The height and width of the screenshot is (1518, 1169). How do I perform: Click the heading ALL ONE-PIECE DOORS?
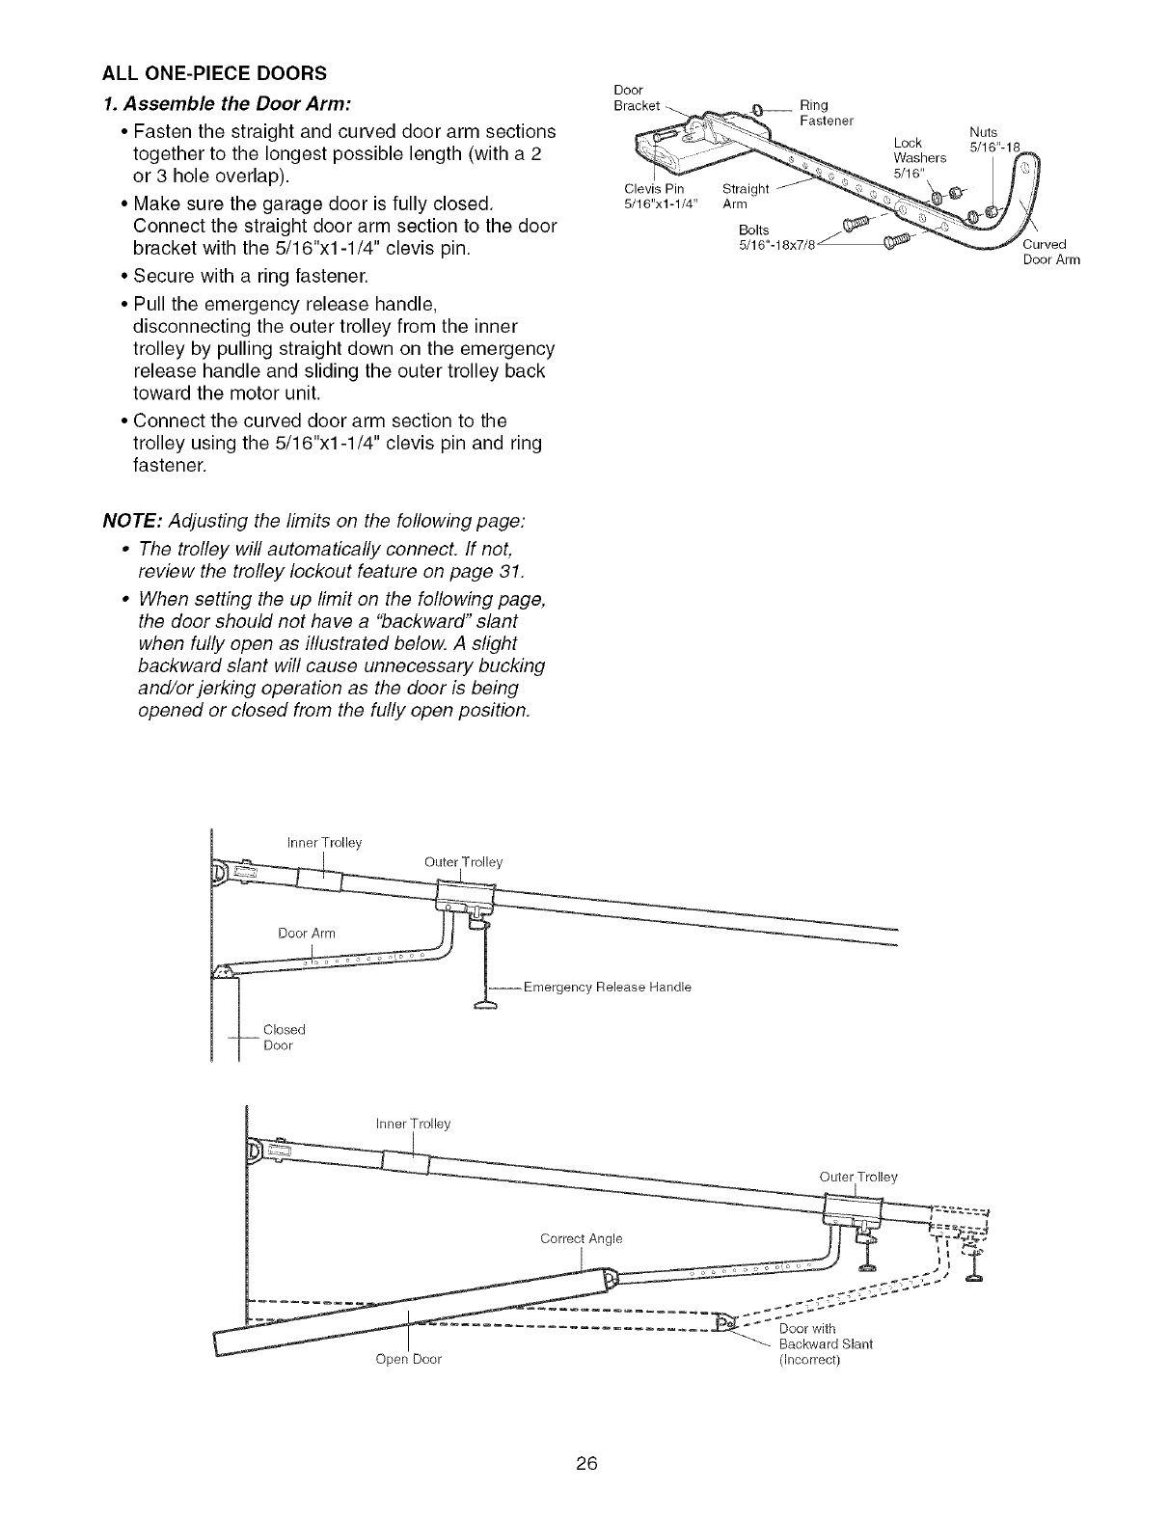pos(214,72)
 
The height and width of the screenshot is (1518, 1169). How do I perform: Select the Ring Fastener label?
pos(828,113)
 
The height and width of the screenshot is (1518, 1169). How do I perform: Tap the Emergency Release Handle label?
pos(608,987)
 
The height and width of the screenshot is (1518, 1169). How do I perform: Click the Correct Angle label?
pos(581,1238)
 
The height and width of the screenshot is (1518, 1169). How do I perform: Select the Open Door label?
pos(409,1360)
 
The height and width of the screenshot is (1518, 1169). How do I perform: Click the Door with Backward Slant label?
pos(825,1344)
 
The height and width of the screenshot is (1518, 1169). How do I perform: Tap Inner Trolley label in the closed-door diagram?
pos(324,843)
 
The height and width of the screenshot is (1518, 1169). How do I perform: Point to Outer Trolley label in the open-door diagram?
pos(857,1177)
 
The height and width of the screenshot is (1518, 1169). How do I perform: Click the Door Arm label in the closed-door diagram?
pos(306,933)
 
